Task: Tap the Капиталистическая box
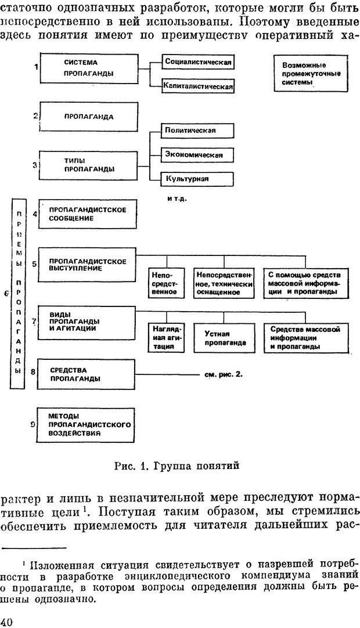coord(198,86)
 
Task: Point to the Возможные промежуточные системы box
coord(307,74)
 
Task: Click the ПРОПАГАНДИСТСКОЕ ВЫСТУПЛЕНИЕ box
coord(87,265)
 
